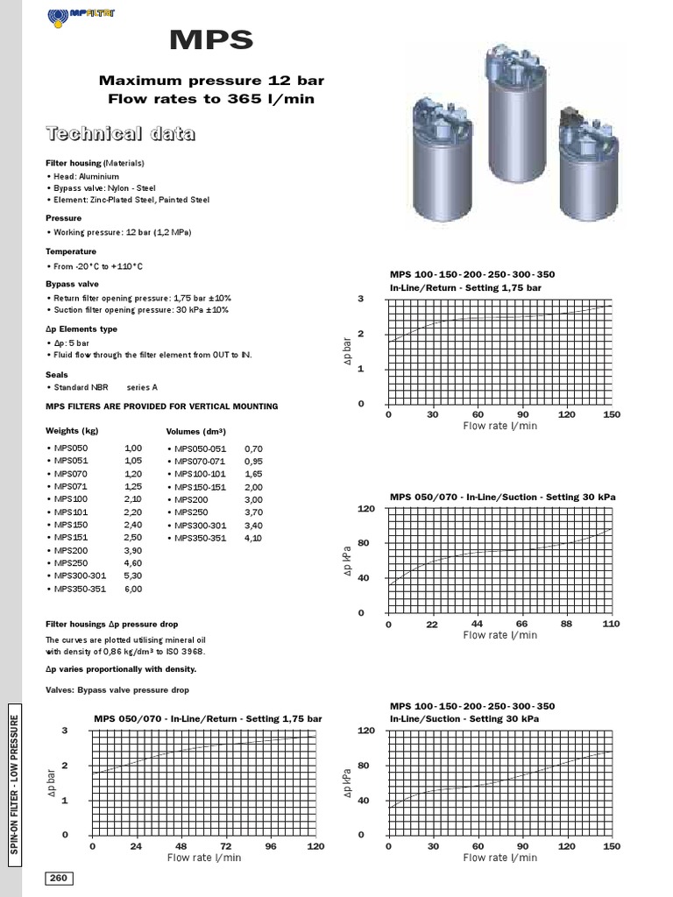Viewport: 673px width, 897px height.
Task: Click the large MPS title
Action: click(210, 41)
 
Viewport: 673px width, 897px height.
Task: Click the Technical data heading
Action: click(120, 134)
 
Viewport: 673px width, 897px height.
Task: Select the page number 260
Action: click(58, 879)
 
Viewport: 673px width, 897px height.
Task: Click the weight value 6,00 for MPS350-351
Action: click(133, 590)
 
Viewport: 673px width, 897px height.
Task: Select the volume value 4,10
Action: click(253, 538)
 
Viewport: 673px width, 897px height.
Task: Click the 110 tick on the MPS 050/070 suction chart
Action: click(611, 625)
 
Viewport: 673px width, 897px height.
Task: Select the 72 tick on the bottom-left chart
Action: click(226, 847)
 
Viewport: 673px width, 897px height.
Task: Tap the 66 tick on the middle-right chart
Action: click(522, 625)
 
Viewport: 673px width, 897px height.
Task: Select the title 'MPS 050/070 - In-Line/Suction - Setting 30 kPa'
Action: click(502, 497)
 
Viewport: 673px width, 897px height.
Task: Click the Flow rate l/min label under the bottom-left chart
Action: click(204, 858)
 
